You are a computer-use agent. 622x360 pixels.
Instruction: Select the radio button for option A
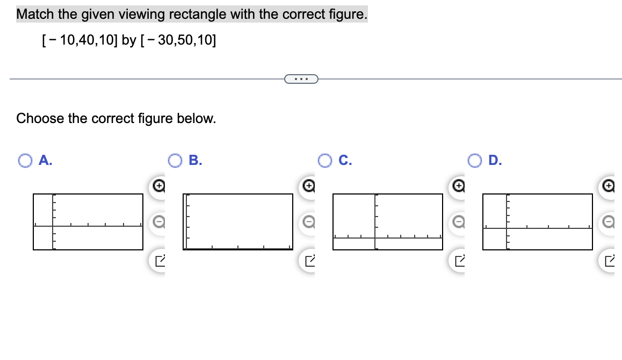(25, 160)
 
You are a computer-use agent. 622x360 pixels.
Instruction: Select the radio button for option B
(175, 160)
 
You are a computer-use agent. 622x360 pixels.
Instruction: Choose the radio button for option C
(324, 160)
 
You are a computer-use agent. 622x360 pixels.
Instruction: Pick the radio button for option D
(474, 160)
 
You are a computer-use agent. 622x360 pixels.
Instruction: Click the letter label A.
(46, 160)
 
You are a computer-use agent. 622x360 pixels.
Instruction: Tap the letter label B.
(196, 160)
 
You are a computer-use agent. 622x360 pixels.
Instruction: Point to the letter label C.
(345, 160)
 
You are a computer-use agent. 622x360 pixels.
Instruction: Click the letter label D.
(495, 160)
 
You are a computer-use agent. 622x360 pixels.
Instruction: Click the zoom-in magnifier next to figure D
(608, 185)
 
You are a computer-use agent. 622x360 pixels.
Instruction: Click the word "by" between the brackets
(129, 40)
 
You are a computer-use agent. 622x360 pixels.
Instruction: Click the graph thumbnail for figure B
(238, 222)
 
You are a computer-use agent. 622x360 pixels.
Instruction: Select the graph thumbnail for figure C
(388, 222)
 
